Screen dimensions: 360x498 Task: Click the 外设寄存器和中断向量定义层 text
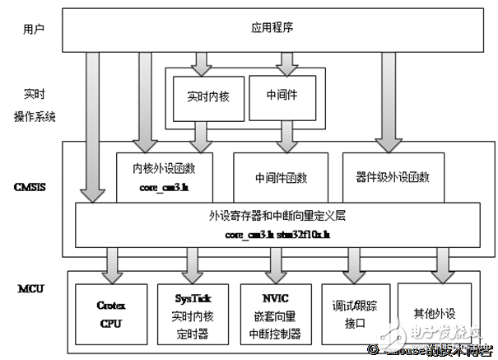click(277, 216)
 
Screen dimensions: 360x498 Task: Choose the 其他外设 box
click(435, 313)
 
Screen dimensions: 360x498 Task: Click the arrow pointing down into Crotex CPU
click(110, 263)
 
